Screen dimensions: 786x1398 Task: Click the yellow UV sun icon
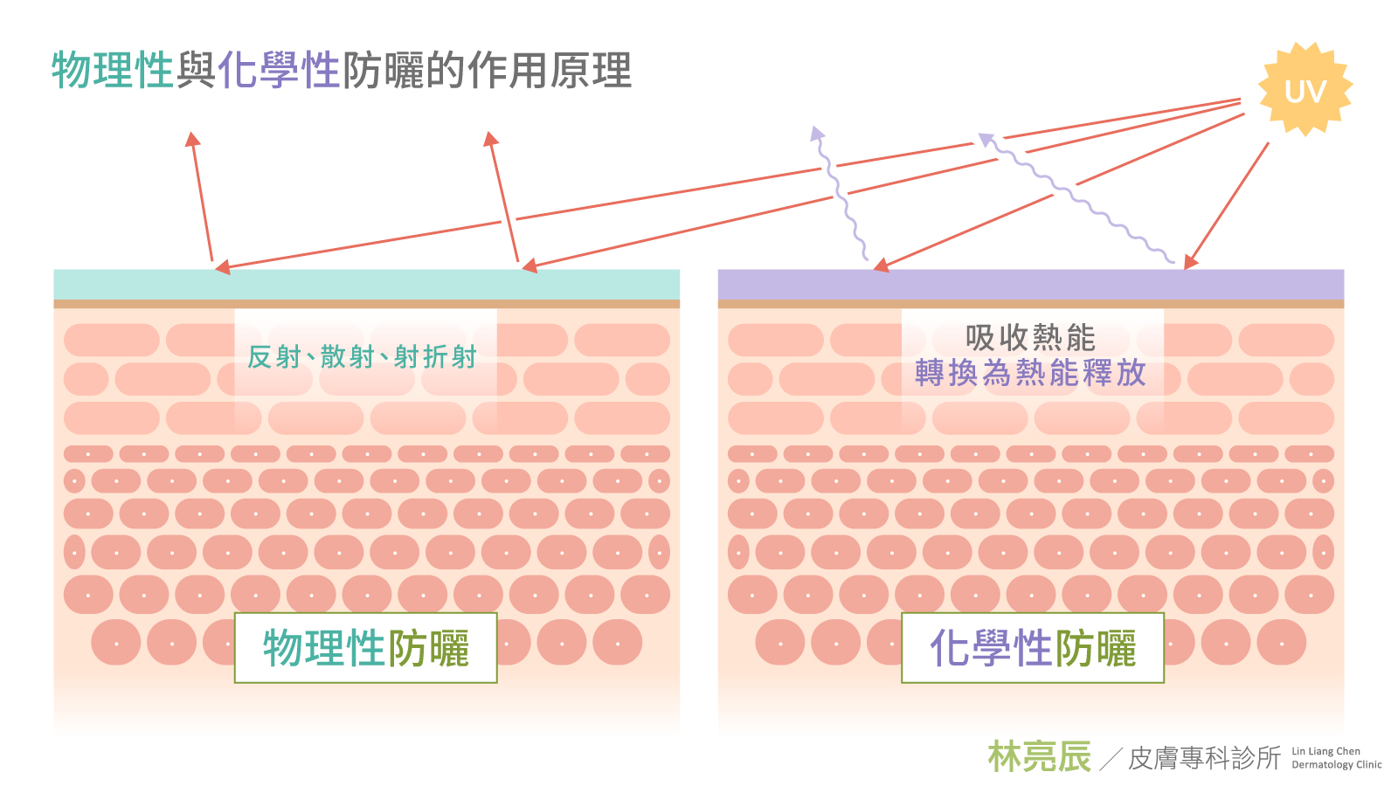pos(1305,90)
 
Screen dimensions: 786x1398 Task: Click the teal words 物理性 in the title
pos(113,70)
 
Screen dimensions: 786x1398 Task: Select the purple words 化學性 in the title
pos(279,70)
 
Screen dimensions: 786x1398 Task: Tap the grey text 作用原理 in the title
pos(549,70)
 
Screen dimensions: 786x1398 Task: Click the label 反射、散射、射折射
pos(362,356)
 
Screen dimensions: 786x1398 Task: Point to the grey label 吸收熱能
pos(1030,337)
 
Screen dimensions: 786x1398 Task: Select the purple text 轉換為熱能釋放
pos(1030,373)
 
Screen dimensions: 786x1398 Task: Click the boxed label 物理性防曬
pos(365,648)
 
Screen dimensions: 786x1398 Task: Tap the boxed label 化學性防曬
pos(1032,648)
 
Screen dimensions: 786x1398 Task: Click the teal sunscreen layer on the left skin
pos(367,284)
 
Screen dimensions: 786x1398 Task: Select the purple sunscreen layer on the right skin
pos(1031,284)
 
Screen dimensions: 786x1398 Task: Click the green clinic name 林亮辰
pos(1039,756)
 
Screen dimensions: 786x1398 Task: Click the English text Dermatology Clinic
pos(1336,765)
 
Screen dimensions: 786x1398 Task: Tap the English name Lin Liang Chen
pos(1325,751)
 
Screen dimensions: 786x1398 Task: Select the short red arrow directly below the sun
pos(1228,205)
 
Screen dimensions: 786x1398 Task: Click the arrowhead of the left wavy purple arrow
pos(817,133)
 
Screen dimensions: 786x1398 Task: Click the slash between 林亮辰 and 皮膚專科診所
pos(1111,759)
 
